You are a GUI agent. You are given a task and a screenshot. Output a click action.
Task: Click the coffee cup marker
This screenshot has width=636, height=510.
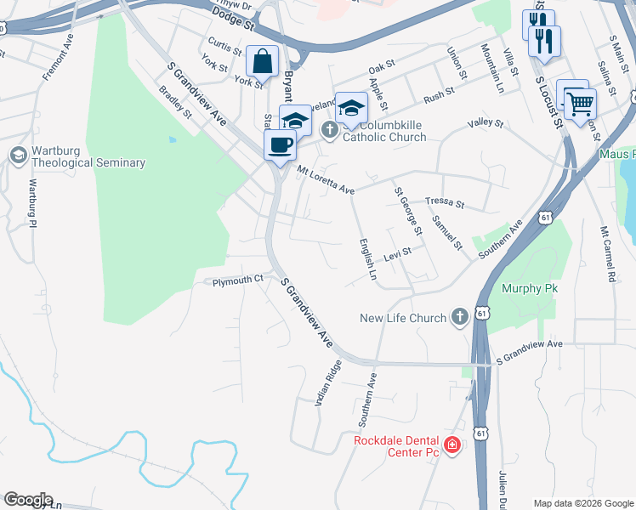pos(280,145)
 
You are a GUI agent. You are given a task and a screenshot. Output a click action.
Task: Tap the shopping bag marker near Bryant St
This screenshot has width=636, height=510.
pos(262,62)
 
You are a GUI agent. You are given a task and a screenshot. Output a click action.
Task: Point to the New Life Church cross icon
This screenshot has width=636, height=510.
pos(459,318)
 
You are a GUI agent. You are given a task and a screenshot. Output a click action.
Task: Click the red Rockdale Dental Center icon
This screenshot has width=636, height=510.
pos(452,445)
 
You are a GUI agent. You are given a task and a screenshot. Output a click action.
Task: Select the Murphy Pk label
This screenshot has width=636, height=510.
pos(529,289)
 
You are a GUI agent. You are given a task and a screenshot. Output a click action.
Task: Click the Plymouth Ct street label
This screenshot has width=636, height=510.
pos(238,280)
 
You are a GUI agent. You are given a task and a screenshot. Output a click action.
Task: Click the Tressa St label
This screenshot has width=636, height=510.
pos(445,203)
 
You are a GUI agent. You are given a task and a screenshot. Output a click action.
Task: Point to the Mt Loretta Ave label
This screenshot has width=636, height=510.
pos(326,180)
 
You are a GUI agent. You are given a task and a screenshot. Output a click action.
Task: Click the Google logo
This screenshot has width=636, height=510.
pos(28,500)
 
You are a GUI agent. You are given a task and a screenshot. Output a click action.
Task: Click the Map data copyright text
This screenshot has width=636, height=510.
pos(582,502)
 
